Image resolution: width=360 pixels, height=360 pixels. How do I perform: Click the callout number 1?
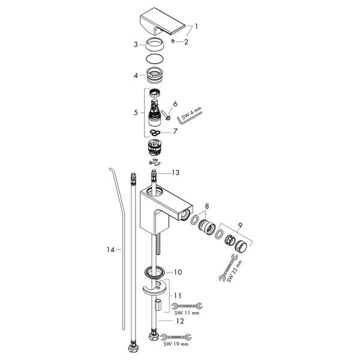point(196,26)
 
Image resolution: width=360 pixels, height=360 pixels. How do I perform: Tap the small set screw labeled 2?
point(173,41)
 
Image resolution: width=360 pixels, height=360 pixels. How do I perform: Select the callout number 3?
point(136,44)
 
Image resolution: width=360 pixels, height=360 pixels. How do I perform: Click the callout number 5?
point(136,113)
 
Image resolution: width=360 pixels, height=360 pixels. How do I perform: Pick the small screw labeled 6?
point(166,115)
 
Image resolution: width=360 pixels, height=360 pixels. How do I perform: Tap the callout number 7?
point(175,131)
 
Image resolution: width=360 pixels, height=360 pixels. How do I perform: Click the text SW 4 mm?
point(191,113)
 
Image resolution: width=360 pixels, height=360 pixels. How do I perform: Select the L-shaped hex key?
point(190,118)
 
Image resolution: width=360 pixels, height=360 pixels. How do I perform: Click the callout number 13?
point(176,172)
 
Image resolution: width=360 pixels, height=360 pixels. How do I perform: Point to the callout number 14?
point(110,250)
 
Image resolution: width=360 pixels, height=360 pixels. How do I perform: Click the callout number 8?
point(207,206)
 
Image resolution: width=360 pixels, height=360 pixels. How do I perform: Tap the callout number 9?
point(240,226)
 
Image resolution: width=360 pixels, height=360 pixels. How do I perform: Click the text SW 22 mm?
point(234,271)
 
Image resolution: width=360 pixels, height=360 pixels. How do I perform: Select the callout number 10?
point(178,272)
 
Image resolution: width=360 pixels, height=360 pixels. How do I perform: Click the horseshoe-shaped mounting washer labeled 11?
point(154,287)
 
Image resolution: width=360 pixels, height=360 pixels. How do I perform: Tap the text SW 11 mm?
point(187,313)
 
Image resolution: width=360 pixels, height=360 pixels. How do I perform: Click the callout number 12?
point(180,321)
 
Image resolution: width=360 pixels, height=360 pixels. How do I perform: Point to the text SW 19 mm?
point(176,344)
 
